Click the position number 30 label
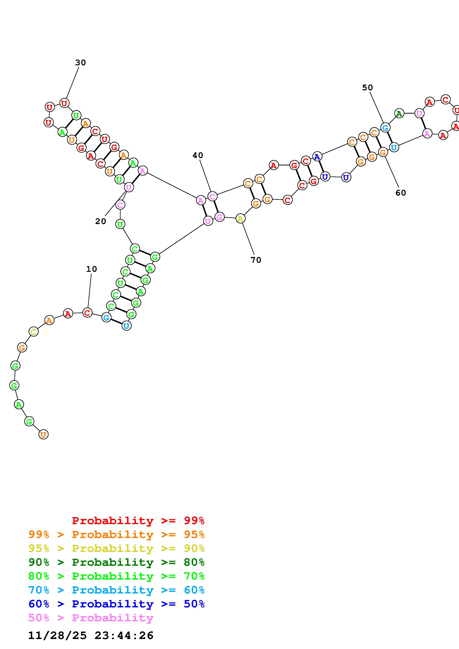click(x=80, y=63)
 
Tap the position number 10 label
click(x=91, y=269)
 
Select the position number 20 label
click(x=100, y=221)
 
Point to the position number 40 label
click(x=198, y=155)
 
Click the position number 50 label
click(x=367, y=88)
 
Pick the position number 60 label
click(x=400, y=193)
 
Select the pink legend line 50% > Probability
click(x=91, y=618)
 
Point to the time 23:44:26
click(x=124, y=635)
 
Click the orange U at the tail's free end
click(x=43, y=434)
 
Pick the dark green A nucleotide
click(x=399, y=114)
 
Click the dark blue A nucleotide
click(x=317, y=156)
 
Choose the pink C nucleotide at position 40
click(x=212, y=196)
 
